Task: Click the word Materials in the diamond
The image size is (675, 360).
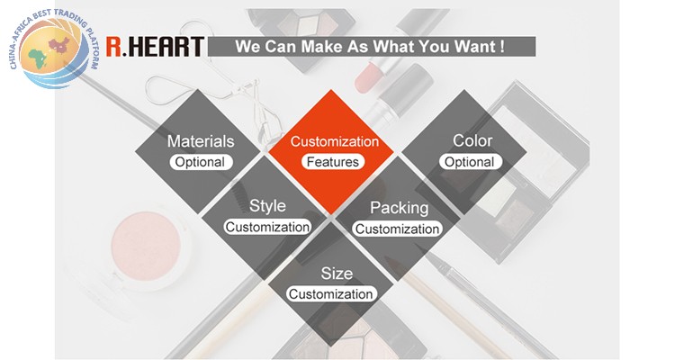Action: tap(201, 141)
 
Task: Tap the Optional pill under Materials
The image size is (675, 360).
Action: tap(201, 162)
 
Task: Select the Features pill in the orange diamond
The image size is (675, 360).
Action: tap(333, 162)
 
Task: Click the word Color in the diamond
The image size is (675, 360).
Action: tap(472, 140)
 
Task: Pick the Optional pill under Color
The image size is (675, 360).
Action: tap(470, 162)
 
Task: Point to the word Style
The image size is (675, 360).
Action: tap(267, 206)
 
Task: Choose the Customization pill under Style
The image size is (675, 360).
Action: tap(267, 227)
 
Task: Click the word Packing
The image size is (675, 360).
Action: tap(399, 208)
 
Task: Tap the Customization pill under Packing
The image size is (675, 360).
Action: tap(397, 229)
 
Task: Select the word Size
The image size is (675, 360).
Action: tap(337, 274)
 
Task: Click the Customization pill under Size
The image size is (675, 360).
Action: tap(331, 294)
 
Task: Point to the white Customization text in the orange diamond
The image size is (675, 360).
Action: tap(335, 141)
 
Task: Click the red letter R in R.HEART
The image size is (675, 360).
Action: tap(113, 47)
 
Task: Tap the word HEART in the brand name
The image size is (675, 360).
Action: tap(166, 47)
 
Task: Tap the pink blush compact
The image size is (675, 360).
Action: tap(146, 246)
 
